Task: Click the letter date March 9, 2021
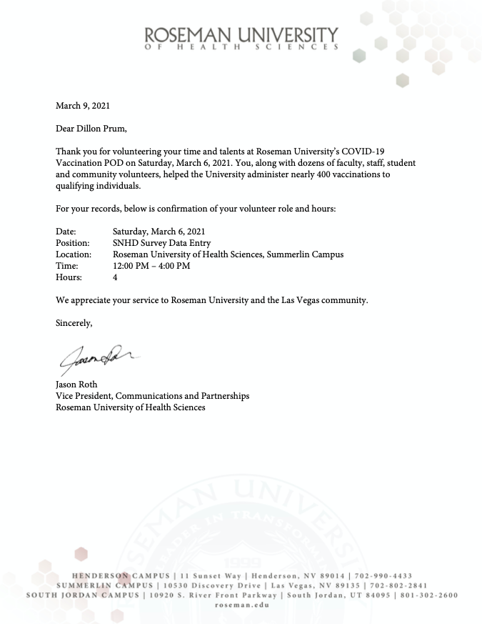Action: pos(83,106)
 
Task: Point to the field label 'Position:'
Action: pos(73,243)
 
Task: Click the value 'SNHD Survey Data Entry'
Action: pos(161,243)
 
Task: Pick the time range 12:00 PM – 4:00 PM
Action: pos(151,266)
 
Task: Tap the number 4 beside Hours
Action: pos(115,277)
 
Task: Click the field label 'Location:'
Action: pos(74,254)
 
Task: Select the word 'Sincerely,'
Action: pos(74,323)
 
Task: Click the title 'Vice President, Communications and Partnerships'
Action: pos(153,396)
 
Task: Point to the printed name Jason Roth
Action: pos(76,385)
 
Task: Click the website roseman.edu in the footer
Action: pos(241,605)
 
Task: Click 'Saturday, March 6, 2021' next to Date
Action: pos(159,232)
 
